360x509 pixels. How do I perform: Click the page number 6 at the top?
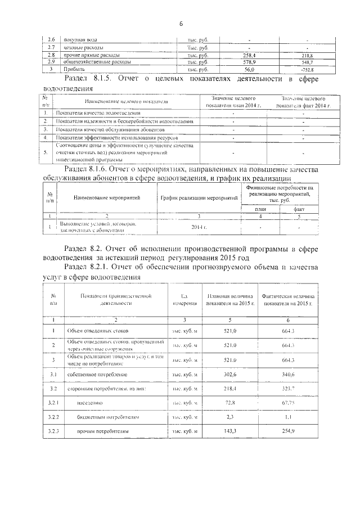[x=181, y=24]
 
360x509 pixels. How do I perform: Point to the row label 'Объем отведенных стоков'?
[x=98, y=331]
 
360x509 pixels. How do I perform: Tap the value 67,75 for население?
[x=289, y=403]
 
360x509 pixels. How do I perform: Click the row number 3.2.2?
[x=53, y=417]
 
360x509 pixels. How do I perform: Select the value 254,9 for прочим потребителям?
[x=289, y=432]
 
